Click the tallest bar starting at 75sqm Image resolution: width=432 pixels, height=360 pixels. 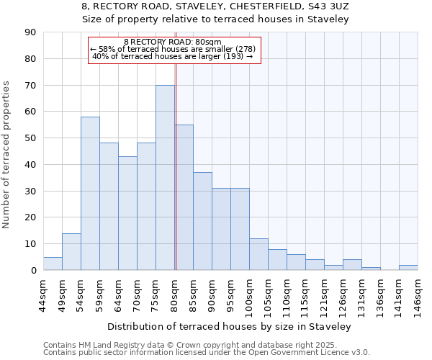tap(165, 178)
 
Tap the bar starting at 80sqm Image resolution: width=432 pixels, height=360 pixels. tap(184, 197)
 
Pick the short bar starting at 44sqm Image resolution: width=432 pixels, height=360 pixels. tap(53, 264)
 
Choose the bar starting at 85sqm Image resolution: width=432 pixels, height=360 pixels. tap(202, 221)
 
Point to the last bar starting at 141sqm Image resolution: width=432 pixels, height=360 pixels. tap(408, 267)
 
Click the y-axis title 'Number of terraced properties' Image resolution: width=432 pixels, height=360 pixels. tap(7, 155)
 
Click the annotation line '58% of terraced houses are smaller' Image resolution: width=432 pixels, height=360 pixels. tap(174, 49)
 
